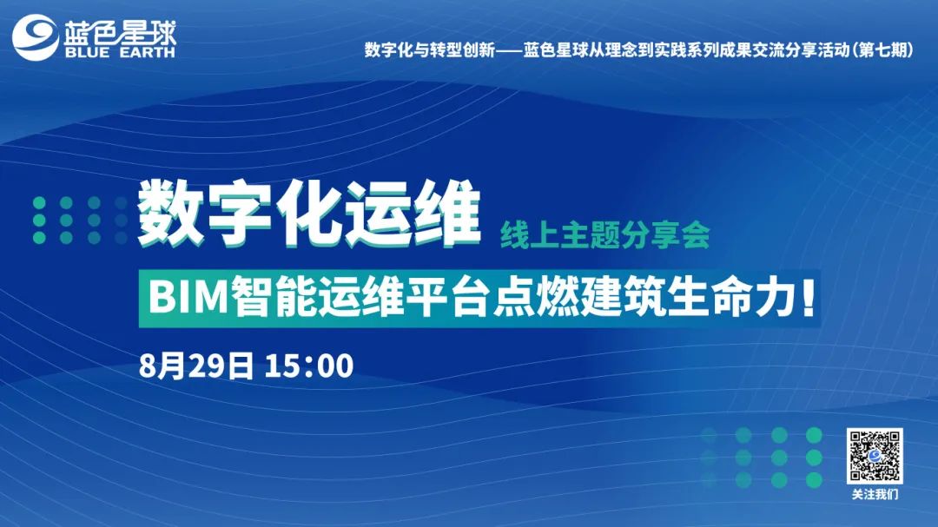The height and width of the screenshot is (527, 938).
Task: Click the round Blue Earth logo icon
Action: pyautogui.click(x=36, y=37)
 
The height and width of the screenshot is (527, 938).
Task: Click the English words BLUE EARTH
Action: pyautogui.click(x=120, y=52)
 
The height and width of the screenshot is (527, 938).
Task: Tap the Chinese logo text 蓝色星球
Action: pyautogui.click(x=120, y=31)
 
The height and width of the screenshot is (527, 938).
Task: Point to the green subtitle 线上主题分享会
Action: pyautogui.click(x=605, y=235)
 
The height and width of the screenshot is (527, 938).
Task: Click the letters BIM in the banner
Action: pyautogui.click(x=188, y=297)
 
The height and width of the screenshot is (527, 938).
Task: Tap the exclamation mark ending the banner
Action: pyautogui.click(x=809, y=298)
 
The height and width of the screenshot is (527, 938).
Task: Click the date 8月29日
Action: pyautogui.click(x=196, y=366)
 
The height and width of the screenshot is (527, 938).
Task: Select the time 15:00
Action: pyautogui.click(x=308, y=366)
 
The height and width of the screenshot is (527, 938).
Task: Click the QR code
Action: pyautogui.click(x=875, y=456)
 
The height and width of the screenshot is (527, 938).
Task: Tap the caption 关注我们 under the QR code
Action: pyautogui.click(x=875, y=495)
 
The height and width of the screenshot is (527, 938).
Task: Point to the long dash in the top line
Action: pyautogui.click(x=509, y=50)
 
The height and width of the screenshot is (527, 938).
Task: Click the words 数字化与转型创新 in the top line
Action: pyautogui.click(x=430, y=50)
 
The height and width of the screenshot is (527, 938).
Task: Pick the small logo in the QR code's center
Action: pyautogui.click(x=875, y=456)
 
